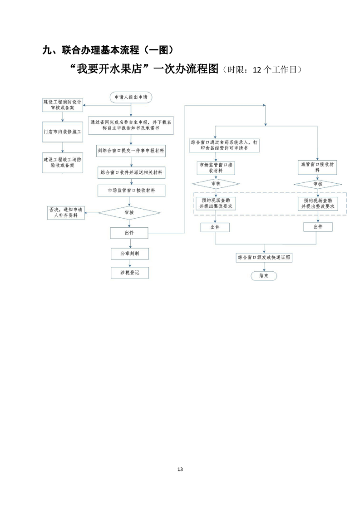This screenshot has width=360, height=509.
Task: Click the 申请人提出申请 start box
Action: click(131, 97)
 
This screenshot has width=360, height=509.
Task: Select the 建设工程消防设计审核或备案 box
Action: click(63, 105)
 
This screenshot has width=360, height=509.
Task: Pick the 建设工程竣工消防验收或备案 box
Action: click(63, 162)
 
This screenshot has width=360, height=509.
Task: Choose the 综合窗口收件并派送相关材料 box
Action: click(131, 172)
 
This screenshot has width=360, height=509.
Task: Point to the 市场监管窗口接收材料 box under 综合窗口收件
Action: click(131, 191)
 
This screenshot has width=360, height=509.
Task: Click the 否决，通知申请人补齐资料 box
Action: click(66, 212)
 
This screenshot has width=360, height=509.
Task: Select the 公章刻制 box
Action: click(129, 254)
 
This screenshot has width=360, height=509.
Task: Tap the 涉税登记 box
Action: click(129, 273)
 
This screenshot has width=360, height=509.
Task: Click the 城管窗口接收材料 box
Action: click(317, 167)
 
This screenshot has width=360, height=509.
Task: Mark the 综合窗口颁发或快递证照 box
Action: click(263, 257)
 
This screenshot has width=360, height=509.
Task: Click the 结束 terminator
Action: click(263, 275)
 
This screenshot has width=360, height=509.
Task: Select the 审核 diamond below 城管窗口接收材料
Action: click(317, 184)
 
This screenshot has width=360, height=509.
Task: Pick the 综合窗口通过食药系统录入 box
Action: click(225, 145)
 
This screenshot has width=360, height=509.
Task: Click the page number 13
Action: click(180, 469)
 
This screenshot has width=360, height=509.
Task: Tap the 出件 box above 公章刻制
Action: click(129, 233)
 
